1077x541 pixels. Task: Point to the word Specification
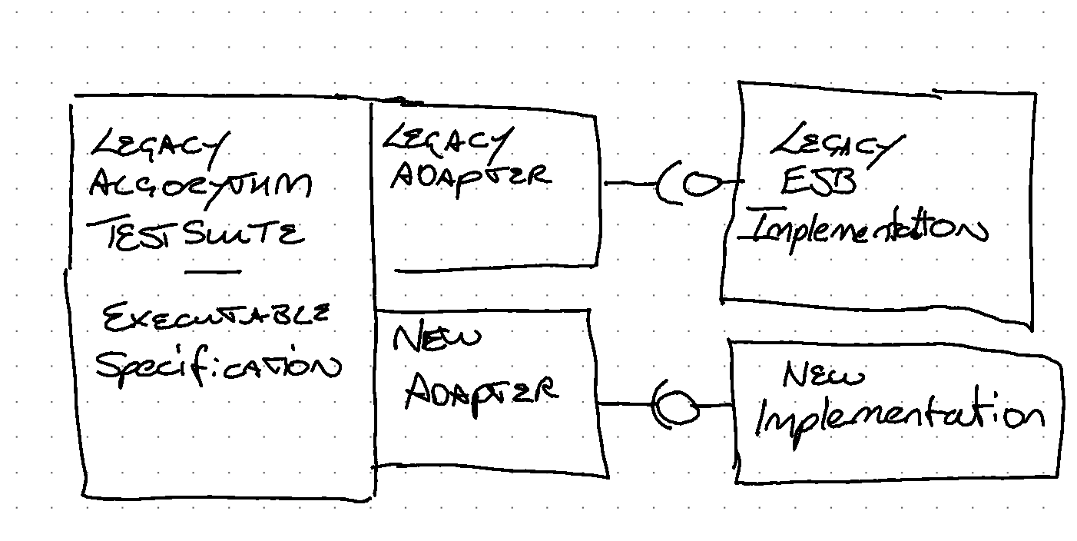coord(217,367)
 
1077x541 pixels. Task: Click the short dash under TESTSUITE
coord(211,271)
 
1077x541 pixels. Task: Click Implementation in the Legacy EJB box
coord(867,229)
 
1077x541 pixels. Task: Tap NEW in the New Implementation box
coord(823,376)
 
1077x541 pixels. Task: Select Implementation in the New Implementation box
coord(899,417)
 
